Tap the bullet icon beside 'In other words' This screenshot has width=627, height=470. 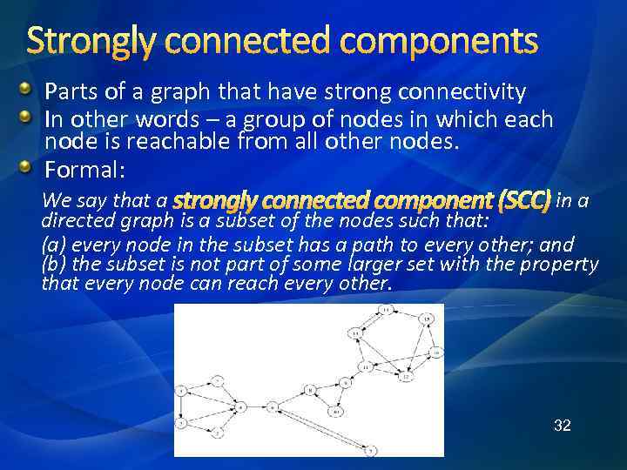27,117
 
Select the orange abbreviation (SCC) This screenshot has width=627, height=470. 522,202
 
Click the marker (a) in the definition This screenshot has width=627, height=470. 53,245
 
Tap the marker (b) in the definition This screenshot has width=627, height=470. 54,265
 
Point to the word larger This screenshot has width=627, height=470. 372,265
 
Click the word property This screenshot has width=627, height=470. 564,265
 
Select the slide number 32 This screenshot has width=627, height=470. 563,426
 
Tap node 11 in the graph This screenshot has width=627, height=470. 367,366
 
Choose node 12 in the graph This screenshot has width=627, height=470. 406,377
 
